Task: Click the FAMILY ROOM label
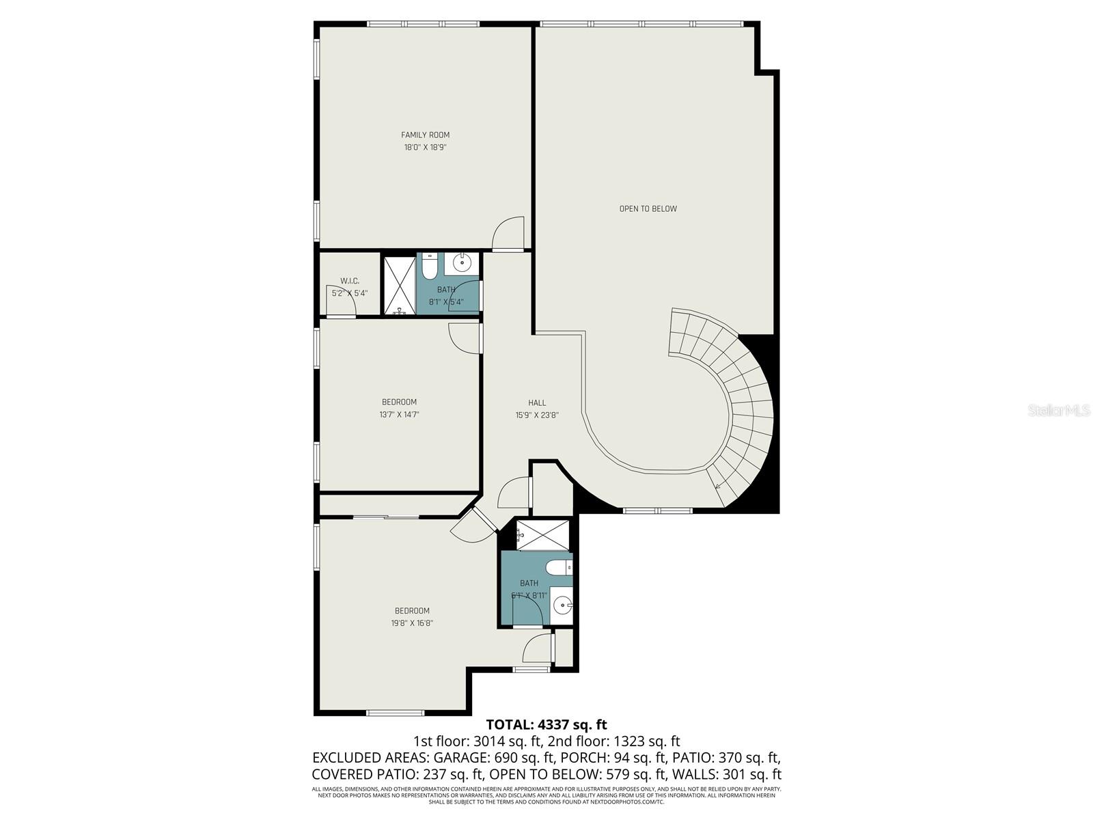(425, 135)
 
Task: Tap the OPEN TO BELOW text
(648, 209)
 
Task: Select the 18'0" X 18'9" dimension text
(425, 148)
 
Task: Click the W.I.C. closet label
(350, 282)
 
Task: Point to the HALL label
(537, 403)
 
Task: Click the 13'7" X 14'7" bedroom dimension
(400, 415)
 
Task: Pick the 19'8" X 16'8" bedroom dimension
(413, 623)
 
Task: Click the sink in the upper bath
(463, 262)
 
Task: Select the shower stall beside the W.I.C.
(398, 286)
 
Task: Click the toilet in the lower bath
(559, 568)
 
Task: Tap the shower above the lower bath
(542, 535)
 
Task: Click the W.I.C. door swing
(341, 308)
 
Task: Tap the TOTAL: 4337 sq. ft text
(546, 724)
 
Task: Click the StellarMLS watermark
(1058, 411)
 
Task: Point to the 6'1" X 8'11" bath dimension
(529, 595)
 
